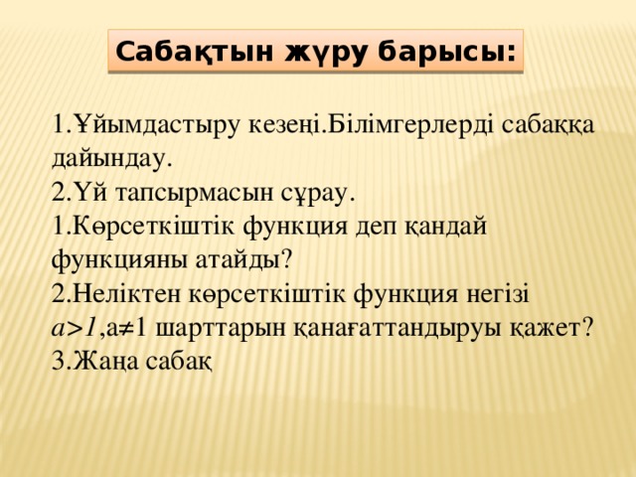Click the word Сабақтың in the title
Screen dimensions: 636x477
[195, 53]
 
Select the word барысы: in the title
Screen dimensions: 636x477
[447, 53]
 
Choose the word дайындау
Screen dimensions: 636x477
[109, 159]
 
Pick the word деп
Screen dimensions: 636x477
[376, 228]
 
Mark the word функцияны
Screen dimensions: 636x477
[120, 260]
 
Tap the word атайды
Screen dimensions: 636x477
[243, 260]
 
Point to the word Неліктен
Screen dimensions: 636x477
[127, 294]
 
